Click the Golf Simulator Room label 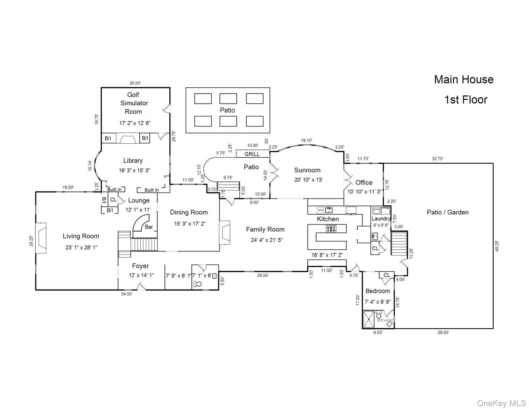(134, 103)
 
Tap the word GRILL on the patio (252, 154)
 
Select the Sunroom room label (307, 170)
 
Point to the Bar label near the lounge (149, 227)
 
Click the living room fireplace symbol (41, 238)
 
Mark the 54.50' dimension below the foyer (127, 294)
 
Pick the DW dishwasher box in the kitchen (321, 210)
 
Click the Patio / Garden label (448, 212)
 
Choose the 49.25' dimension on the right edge (497, 246)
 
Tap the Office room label (364, 182)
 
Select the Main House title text (464, 79)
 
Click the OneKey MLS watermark (502, 403)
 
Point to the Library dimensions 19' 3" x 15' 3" (134, 170)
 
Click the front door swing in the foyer (141, 287)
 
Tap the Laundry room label (381, 219)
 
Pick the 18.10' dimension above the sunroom (306, 140)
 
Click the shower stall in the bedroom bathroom (369, 319)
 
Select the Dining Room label (189, 212)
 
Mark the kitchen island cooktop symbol (331, 228)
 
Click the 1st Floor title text (466, 100)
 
